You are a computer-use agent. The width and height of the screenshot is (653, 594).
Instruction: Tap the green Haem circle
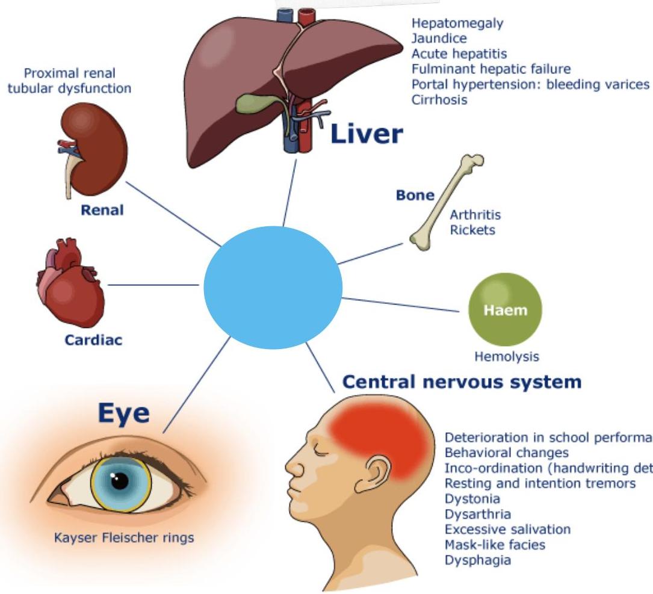pos(505,310)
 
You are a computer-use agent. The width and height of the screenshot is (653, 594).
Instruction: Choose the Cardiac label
pos(93,340)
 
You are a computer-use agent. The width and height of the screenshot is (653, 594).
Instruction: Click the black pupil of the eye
pos(120,480)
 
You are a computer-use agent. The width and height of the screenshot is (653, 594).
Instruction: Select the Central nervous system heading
pos(462,382)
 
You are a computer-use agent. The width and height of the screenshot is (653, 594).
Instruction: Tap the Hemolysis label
pos(507,356)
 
